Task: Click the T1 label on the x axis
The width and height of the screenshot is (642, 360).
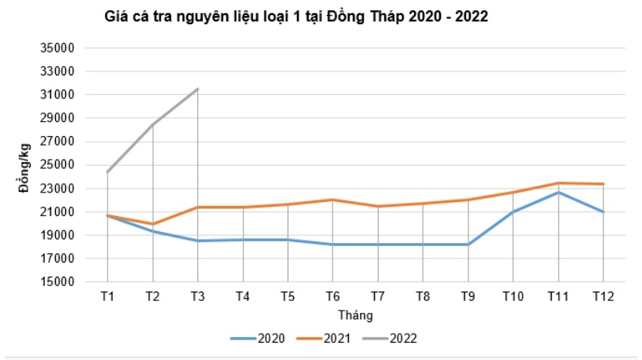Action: [107, 296]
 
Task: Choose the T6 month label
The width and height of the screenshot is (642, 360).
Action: [333, 296]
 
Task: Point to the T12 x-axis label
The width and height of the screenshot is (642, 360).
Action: [603, 296]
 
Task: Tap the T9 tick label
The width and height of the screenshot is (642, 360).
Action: [468, 296]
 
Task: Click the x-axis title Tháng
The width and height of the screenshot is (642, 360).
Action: [355, 314]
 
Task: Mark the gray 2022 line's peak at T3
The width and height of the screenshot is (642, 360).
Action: [197, 89]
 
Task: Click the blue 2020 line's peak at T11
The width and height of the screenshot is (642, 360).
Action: [559, 192]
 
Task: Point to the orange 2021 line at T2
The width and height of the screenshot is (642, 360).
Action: [152, 224]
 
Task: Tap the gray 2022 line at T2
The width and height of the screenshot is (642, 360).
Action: [152, 124]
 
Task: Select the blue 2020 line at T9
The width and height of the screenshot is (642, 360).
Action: [468, 244]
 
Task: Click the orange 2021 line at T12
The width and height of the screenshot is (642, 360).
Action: [603, 184]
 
